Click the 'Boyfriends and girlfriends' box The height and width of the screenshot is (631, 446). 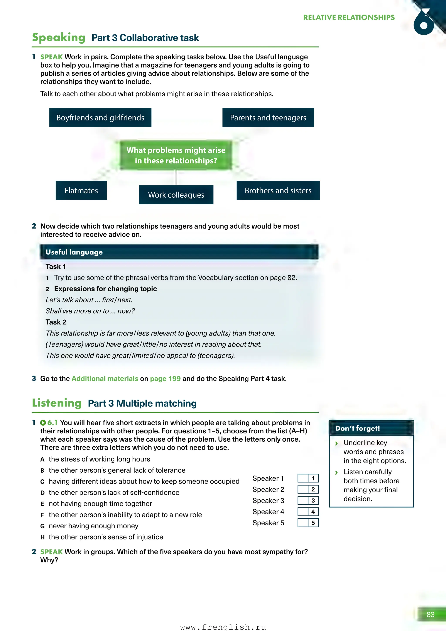pos(100,118)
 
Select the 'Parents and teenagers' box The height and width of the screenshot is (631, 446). pos(268,118)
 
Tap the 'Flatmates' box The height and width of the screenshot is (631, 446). pos(81,190)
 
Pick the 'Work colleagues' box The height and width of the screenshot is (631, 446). pos(176,195)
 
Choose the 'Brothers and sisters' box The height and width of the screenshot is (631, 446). pos(278,190)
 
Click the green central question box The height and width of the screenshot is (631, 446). pos(176,155)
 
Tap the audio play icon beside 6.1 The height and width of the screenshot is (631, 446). pos(43,423)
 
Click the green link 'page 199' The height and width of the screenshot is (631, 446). pos(165,379)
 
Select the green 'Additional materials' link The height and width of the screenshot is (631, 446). pos(105,379)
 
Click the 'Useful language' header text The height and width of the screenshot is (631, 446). pos(74,252)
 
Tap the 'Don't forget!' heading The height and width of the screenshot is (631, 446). pos(358,428)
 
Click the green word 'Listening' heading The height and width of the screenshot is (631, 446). pos(57,403)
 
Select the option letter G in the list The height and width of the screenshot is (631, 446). pos(42,526)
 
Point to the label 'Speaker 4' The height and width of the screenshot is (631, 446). pos(268,512)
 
